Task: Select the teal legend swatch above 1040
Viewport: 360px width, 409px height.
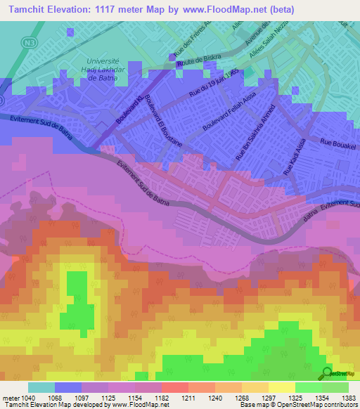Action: pos(41,387)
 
